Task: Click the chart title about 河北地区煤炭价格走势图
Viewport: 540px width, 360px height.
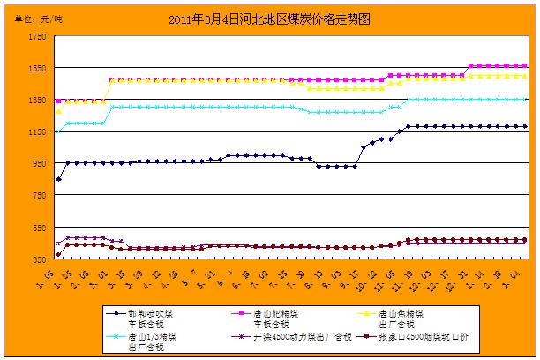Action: coord(268,17)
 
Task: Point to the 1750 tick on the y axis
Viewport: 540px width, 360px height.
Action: coord(37,36)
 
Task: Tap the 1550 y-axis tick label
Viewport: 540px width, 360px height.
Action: coord(37,68)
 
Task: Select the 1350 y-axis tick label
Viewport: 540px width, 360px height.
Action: coord(37,100)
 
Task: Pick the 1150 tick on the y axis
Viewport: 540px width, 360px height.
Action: coord(37,131)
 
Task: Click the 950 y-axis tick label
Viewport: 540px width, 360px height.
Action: coord(39,163)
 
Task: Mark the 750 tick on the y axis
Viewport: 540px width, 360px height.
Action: coord(39,195)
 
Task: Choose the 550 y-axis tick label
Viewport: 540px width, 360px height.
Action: coord(39,228)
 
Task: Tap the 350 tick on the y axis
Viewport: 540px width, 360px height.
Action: coord(39,259)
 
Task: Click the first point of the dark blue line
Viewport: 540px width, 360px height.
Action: coord(58,179)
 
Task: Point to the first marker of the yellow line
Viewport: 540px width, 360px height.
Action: coord(58,111)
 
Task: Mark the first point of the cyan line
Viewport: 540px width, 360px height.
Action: coord(58,131)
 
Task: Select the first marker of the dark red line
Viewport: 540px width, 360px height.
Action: coord(58,254)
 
